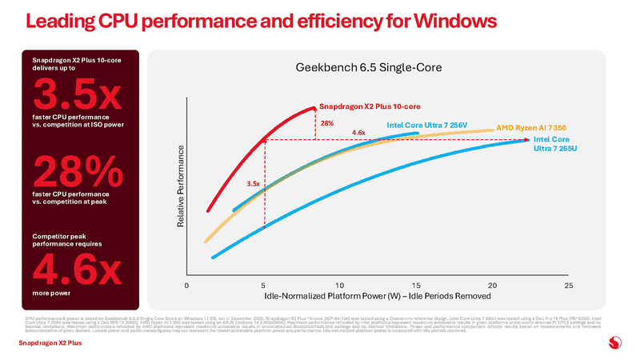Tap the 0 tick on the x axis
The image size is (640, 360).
click(x=186, y=286)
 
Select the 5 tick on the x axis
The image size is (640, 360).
click(x=263, y=286)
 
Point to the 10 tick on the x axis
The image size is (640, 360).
click(x=339, y=286)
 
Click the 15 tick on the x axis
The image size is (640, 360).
click(x=416, y=286)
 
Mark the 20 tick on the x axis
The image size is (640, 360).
click(x=492, y=286)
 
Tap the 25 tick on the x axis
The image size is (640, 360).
click(x=569, y=286)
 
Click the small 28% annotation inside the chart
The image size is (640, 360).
click(x=326, y=123)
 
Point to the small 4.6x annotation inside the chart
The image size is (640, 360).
click(x=358, y=132)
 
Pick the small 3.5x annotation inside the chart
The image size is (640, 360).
click(x=254, y=184)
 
